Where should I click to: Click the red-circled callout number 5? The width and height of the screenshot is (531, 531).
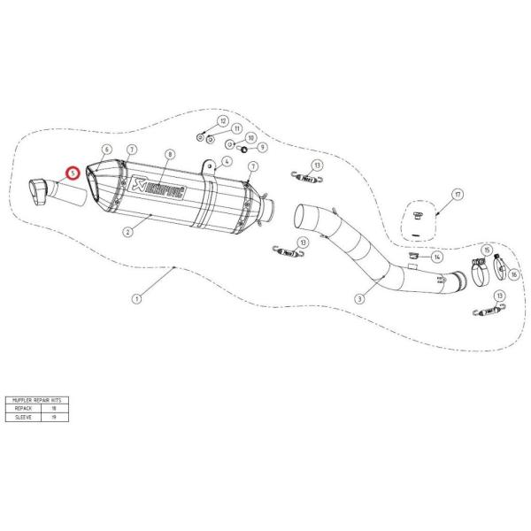[x=74, y=173]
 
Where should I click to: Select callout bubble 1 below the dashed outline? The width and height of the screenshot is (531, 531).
[x=136, y=299]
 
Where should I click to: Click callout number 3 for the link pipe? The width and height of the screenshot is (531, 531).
[x=359, y=299]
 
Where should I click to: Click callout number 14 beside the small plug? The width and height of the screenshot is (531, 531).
[x=437, y=257]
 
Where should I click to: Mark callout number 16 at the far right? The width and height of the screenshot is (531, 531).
[x=513, y=274]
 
